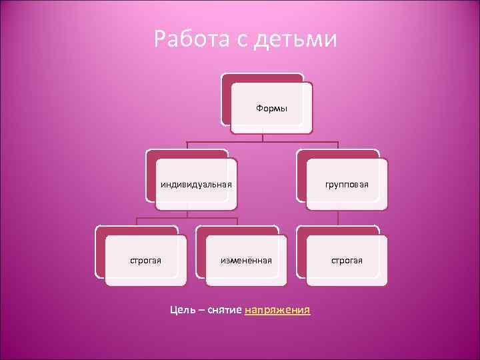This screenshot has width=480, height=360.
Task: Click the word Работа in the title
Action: [x=190, y=39]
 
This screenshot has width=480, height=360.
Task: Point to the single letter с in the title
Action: [x=241, y=41]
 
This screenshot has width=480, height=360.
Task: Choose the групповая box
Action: [x=347, y=185]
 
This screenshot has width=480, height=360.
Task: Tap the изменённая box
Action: [x=246, y=260]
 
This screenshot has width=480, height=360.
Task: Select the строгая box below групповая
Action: [x=347, y=260]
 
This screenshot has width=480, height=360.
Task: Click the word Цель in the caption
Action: [x=182, y=310]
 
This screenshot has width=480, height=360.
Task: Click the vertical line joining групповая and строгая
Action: [x=338, y=215]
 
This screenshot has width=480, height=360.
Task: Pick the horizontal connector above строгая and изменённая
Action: [x=187, y=218]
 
